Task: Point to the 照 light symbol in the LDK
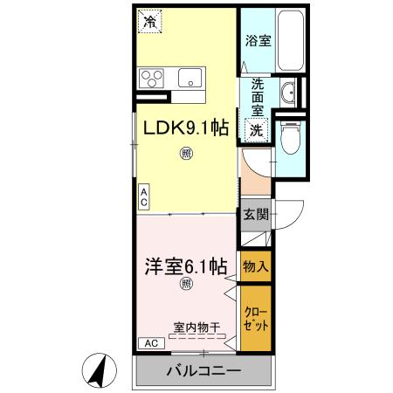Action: pyautogui.click(x=186, y=155)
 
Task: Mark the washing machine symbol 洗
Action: pyautogui.click(x=257, y=129)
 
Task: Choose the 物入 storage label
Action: pyautogui.click(x=255, y=265)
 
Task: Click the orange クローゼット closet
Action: pyautogui.click(x=255, y=320)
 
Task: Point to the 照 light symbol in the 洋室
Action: pyautogui.click(x=186, y=285)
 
